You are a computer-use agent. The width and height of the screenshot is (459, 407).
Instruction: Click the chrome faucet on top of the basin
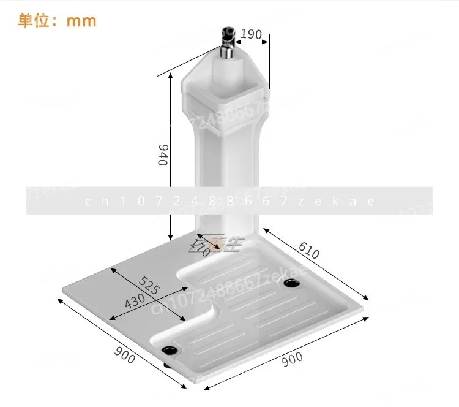click(x=227, y=39)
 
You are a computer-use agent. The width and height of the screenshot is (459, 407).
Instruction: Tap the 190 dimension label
click(x=251, y=33)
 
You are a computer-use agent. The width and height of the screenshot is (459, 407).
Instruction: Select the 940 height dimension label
click(x=163, y=155)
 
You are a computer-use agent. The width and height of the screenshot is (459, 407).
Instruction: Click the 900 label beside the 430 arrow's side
click(x=125, y=356)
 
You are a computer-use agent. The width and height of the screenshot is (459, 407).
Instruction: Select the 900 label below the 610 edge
click(x=293, y=360)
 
